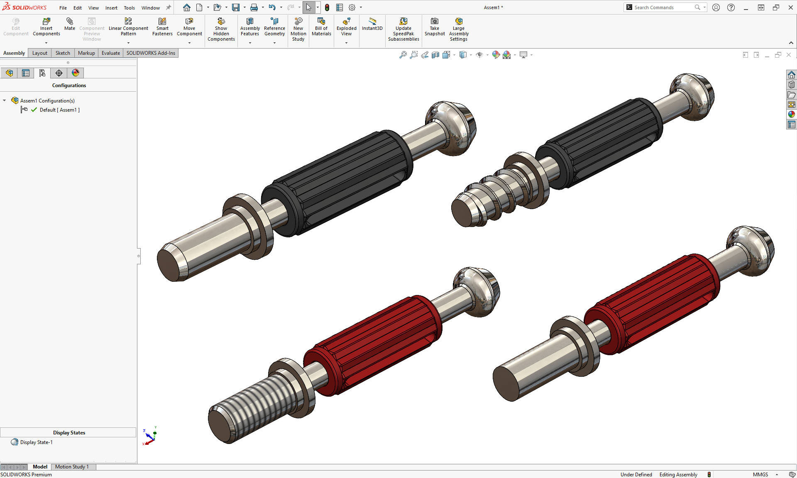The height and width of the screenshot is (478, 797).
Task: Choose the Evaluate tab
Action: click(x=110, y=53)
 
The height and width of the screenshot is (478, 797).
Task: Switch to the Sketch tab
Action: click(x=63, y=53)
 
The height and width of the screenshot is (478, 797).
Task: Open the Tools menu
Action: click(x=129, y=8)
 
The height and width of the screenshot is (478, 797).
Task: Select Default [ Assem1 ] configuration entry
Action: click(x=59, y=110)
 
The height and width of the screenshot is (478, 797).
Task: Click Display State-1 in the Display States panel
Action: click(x=36, y=442)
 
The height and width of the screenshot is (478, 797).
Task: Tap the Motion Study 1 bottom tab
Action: click(x=72, y=467)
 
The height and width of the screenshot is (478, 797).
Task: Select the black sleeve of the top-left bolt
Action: click(x=340, y=183)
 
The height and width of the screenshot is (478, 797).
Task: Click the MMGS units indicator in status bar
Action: click(x=760, y=475)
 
